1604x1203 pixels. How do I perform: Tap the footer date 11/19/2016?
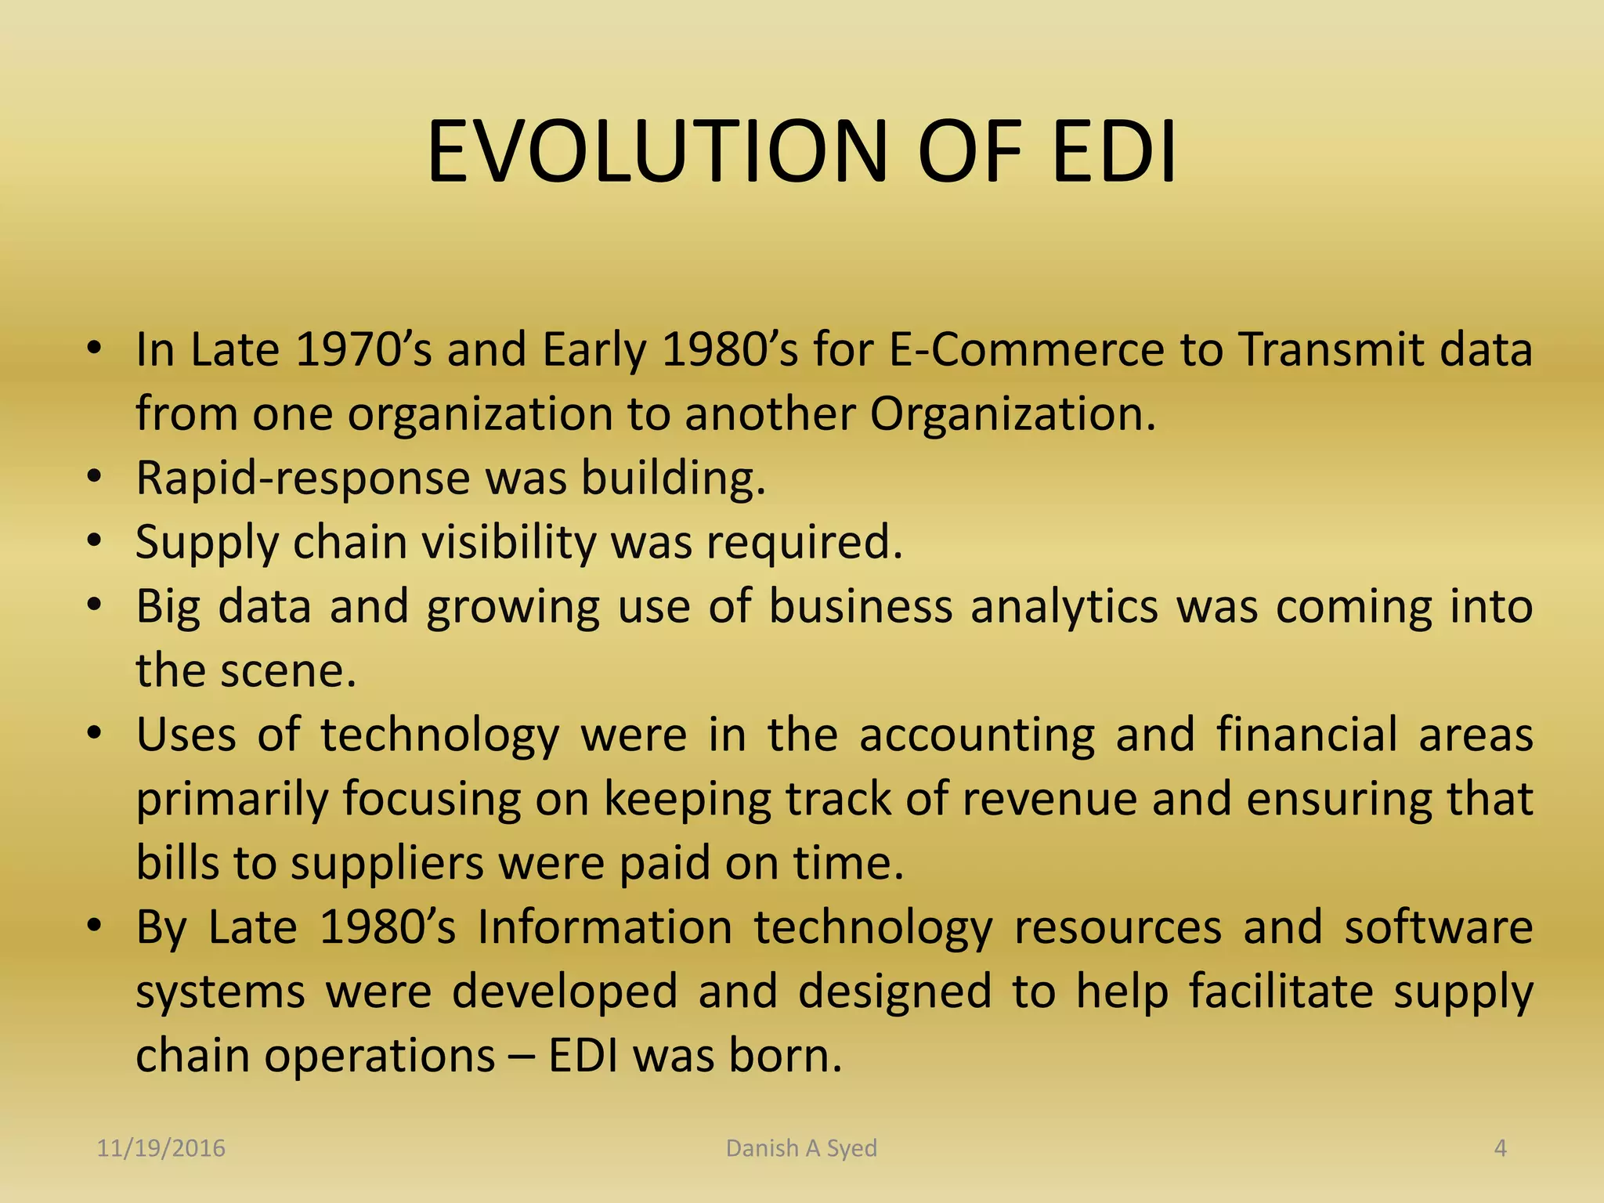(x=161, y=1148)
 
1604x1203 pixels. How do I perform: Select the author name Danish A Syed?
(x=801, y=1148)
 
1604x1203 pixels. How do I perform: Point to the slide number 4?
(x=1500, y=1148)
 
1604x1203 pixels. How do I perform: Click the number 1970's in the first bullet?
(x=363, y=349)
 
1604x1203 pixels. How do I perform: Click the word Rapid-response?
(x=302, y=478)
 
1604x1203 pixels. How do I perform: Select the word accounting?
(x=977, y=735)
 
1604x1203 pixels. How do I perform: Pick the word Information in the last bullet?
(x=605, y=927)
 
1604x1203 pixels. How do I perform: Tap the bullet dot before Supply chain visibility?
(x=95, y=541)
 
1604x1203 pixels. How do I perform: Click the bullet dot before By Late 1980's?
(x=95, y=927)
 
